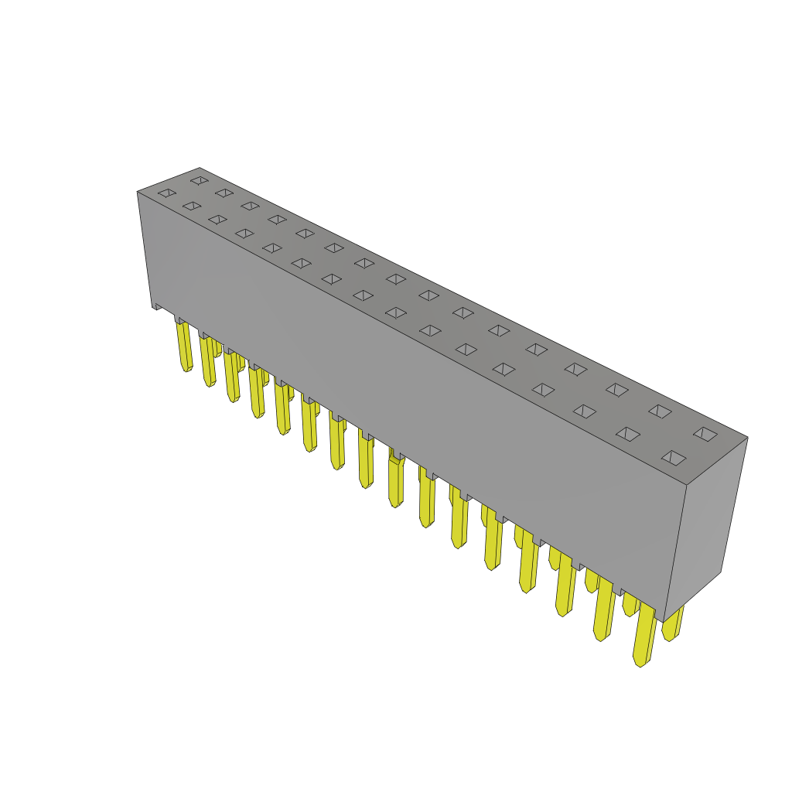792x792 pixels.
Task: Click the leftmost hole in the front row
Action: (x=167, y=193)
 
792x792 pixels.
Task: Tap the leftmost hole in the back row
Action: (x=200, y=180)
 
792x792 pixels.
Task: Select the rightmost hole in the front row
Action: (x=674, y=458)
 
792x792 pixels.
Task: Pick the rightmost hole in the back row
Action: (x=705, y=434)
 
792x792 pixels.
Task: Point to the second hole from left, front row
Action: (x=192, y=206)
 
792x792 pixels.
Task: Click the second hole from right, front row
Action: (x=628, y=434)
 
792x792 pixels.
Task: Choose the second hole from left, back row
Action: (x=224, y=193)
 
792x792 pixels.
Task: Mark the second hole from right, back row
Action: (x=660, y=411)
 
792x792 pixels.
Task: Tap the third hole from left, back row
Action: (x=250, y=206)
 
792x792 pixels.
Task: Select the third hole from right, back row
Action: (x=617, y=390)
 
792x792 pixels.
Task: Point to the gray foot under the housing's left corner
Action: (x=157, y=306)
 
